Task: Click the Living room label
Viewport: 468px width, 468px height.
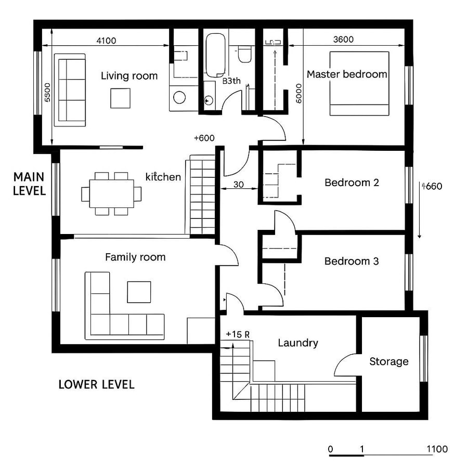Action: [x=129, y=76]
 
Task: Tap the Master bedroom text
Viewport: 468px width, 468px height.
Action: [x=347, y=74]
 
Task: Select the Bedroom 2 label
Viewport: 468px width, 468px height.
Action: [x=352, y=183]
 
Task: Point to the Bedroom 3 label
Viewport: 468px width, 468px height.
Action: [x=352, y=261]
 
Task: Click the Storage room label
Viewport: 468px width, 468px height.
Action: [x=389, y=361]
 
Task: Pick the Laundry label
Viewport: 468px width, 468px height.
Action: [x=298, y=343]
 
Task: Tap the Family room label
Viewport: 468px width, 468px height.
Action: [x=135, y=257]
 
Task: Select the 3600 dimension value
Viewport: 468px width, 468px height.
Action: [x=343, y=40]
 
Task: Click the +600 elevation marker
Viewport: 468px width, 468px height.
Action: [x=204, y=138]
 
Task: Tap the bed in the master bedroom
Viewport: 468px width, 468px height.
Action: [x=359, y=83]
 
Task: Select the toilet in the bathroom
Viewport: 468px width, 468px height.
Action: [x=244, y=54]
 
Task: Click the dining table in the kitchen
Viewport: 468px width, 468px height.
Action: [x=111, y=193]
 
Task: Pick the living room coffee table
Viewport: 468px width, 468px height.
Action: [x=120, y=98]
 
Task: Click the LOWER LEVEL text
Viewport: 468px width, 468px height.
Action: [x=96, y=384]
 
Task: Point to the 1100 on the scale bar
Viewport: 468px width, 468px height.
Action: [x=437, y=449]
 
